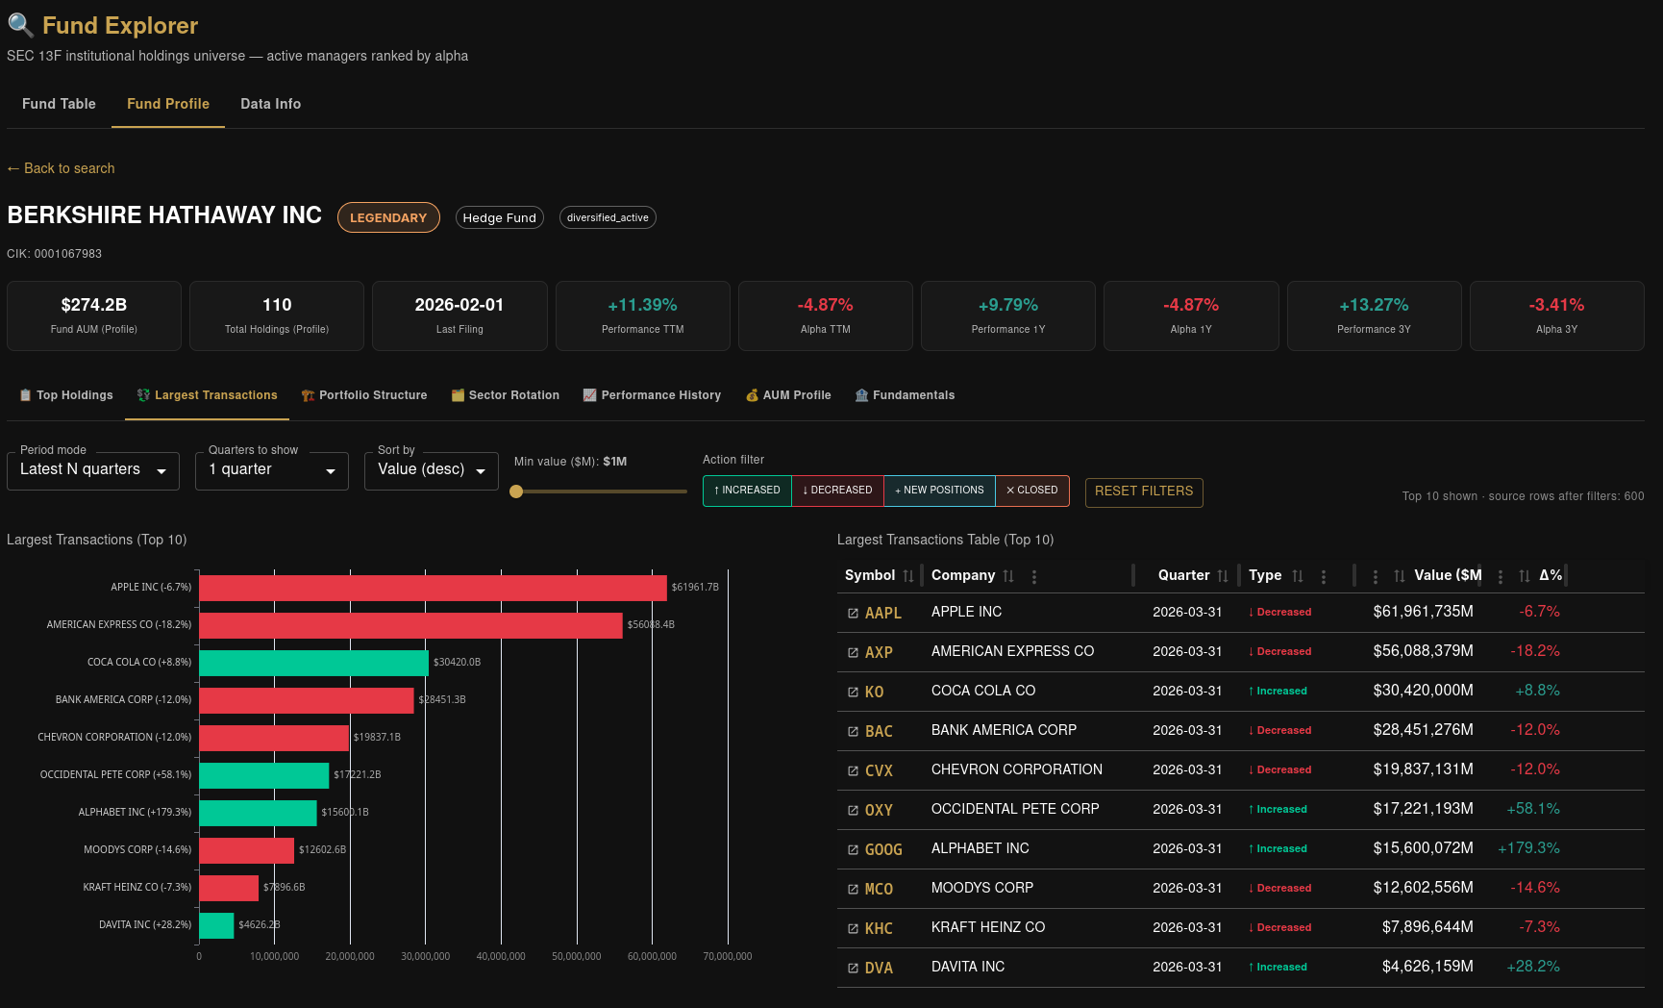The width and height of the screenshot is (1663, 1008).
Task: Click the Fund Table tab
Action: (59, 104)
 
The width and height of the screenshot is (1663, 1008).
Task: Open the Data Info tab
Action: (270, 104)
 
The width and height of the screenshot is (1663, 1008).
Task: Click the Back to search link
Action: (61, 168)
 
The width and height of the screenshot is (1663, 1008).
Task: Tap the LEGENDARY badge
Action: (388, 217)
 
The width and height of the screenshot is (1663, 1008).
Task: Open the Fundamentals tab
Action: (905, 395)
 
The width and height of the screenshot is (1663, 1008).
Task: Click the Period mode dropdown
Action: (93, 470)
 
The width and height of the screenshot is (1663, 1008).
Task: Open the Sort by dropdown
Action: (432, 470)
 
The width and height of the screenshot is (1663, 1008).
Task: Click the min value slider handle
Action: (516, 491)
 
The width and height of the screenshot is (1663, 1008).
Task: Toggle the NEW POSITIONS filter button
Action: (939, 491)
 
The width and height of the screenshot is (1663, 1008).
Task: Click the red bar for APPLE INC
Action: (433, 588)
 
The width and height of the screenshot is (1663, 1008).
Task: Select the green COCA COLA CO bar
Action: (313, 663)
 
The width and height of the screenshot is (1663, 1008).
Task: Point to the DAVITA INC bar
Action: (216, 925)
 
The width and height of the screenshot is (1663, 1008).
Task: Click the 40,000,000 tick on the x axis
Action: (501, 956)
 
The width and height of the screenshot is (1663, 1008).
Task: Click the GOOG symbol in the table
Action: (883, 849)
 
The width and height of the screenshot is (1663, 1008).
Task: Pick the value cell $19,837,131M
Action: (1423, 769)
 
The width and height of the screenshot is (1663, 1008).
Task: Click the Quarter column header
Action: (1183, 575)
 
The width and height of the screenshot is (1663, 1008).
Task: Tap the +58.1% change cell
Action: (1533, 809)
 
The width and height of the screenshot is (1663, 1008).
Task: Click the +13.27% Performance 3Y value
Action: (1374, 305)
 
